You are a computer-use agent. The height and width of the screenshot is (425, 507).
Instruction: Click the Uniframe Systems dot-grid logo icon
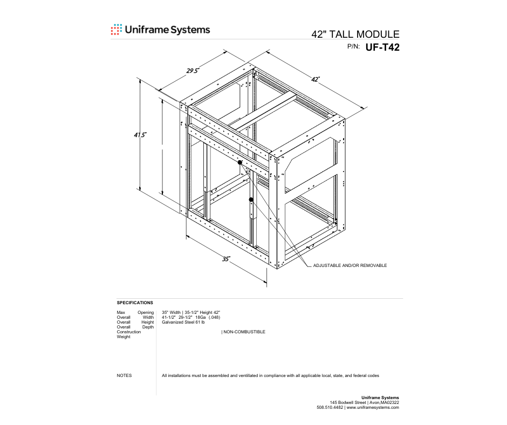click(x=117, y=30)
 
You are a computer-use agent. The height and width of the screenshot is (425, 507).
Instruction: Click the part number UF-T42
click(x=382, y=47)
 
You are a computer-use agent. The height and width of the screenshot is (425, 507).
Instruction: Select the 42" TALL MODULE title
click(x=355, y=35)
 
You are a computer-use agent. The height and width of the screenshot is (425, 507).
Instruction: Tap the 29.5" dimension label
click(x=193, y=71)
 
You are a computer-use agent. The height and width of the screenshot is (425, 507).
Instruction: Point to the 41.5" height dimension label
click(x=140, y=134)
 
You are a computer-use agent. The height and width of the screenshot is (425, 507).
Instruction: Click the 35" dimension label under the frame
click(x=226, y=259)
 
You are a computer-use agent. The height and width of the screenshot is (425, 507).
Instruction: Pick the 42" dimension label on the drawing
click(x=316, y=79)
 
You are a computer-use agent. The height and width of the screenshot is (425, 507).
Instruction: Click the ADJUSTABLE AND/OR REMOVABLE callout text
click(x=350, y=265)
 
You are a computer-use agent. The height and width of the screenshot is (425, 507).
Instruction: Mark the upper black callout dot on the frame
click(x=240, y=162)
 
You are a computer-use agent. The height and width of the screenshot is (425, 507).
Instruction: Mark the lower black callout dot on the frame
click(x=251, y=200)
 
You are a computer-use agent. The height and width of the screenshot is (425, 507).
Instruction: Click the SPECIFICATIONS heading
click(x=135, y=303)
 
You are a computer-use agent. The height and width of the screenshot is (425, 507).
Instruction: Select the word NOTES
click(x=124, y=375)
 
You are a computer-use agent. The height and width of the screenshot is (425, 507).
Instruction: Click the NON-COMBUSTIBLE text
click(x=244, y=332)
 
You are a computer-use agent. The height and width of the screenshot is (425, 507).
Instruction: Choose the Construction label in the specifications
click(x=129, y=332)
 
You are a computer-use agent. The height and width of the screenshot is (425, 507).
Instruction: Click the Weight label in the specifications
click(x=124, y=337)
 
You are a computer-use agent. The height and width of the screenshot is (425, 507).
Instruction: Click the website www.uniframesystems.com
click(x=373, y=408)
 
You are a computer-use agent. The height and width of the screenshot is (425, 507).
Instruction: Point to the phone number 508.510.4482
click(x=330, y=408)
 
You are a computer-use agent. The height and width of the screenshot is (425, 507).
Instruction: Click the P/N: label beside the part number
click(x=353, y=46)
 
